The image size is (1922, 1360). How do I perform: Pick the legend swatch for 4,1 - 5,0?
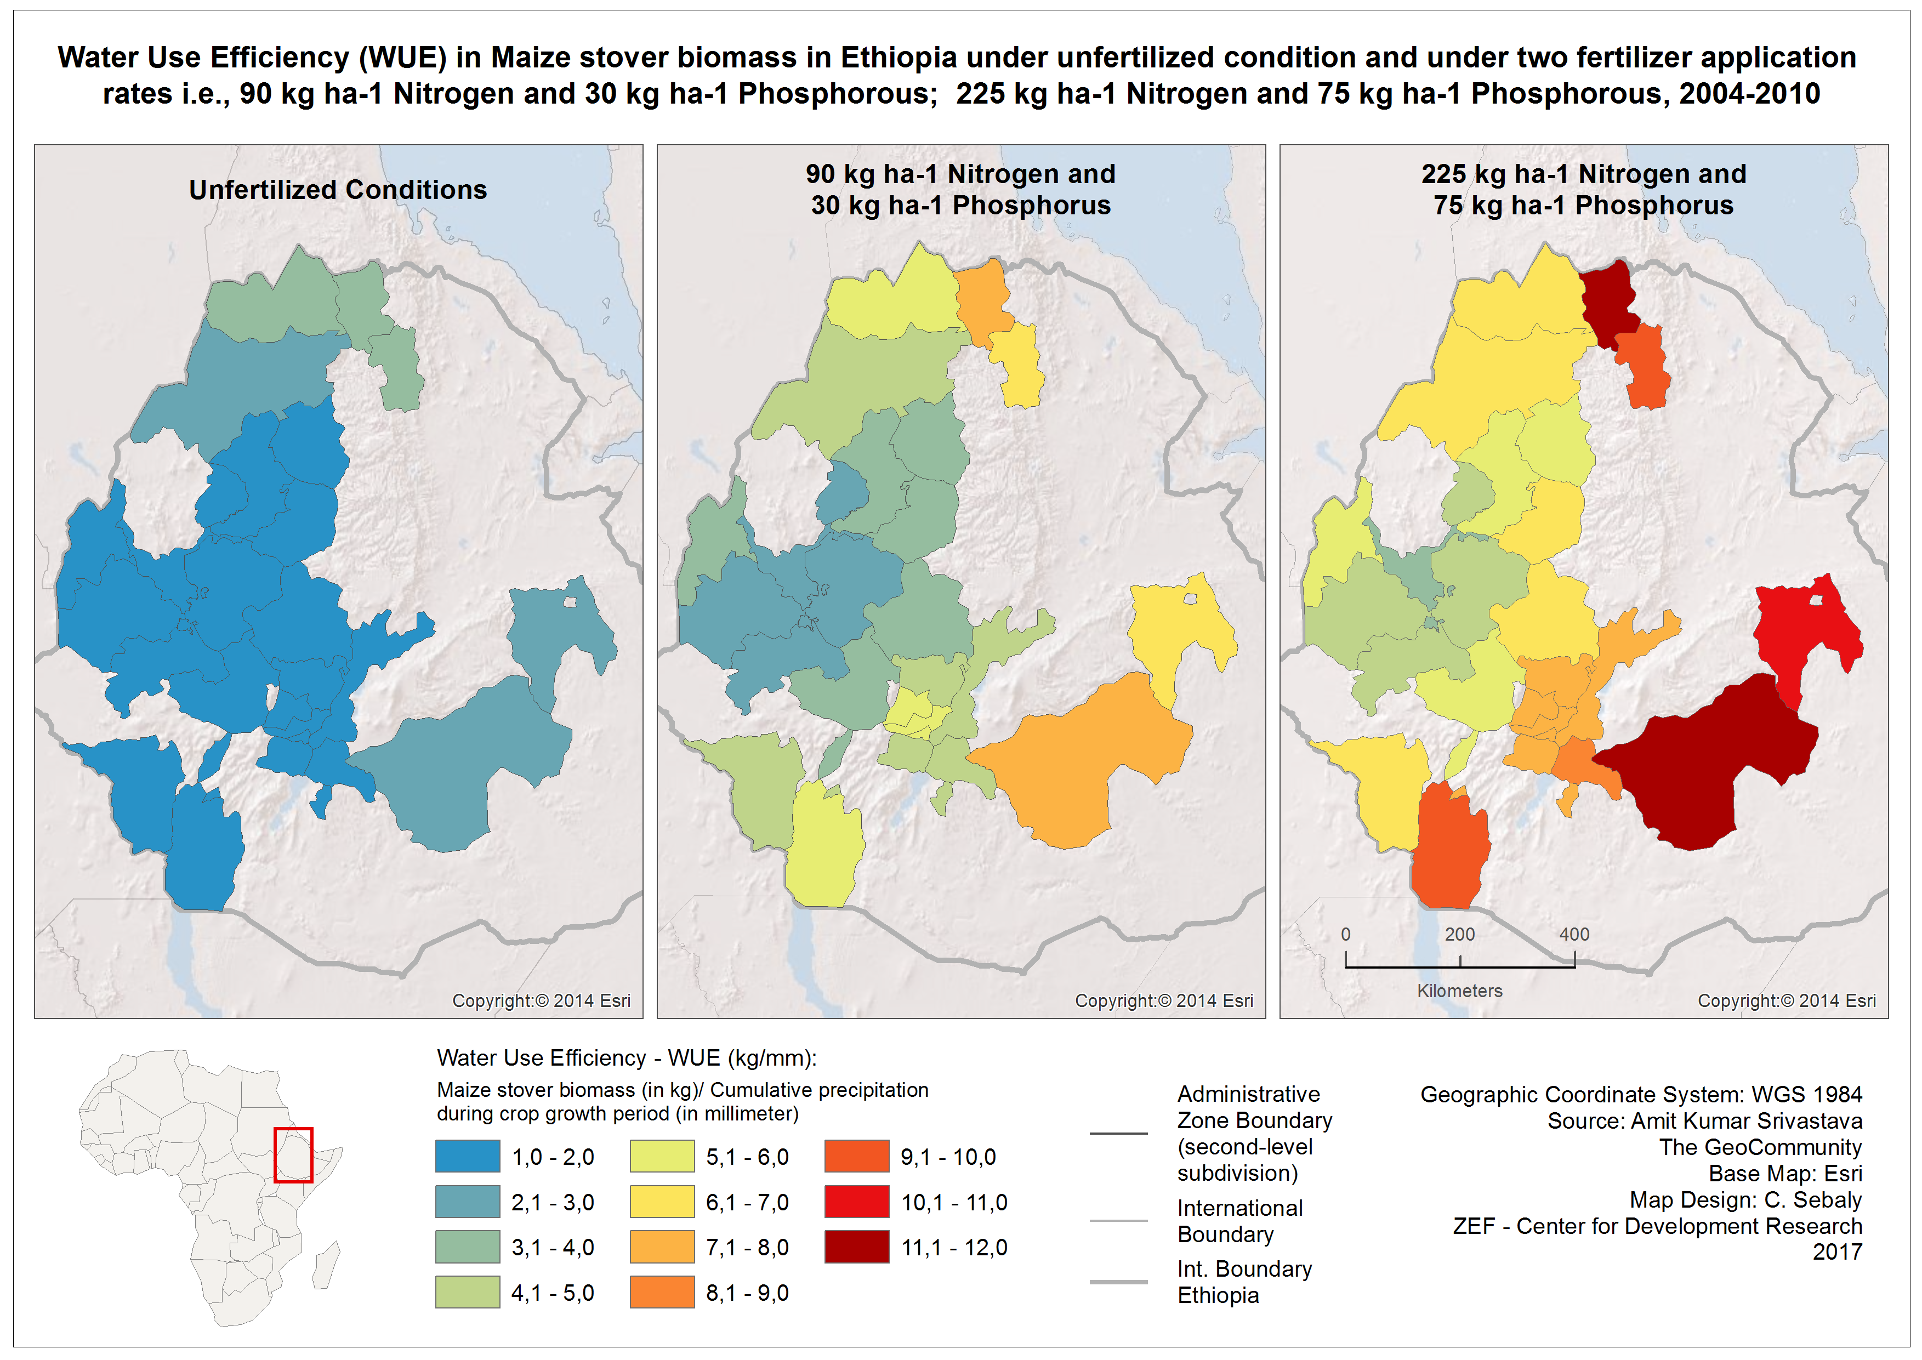point(467,1291)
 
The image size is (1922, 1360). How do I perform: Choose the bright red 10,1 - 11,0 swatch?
point(856,1201)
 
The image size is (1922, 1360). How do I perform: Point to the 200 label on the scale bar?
point(1460,934)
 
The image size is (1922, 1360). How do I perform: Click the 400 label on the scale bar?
point(1573,934)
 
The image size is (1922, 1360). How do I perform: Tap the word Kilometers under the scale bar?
point(1460,991)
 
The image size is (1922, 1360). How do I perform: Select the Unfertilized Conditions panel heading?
point(338,190)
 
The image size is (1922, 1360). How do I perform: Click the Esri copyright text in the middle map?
point(1164,1001)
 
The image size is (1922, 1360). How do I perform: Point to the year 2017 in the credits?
point(1838,1252)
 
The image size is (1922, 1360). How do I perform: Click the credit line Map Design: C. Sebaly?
point(1745,1199)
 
